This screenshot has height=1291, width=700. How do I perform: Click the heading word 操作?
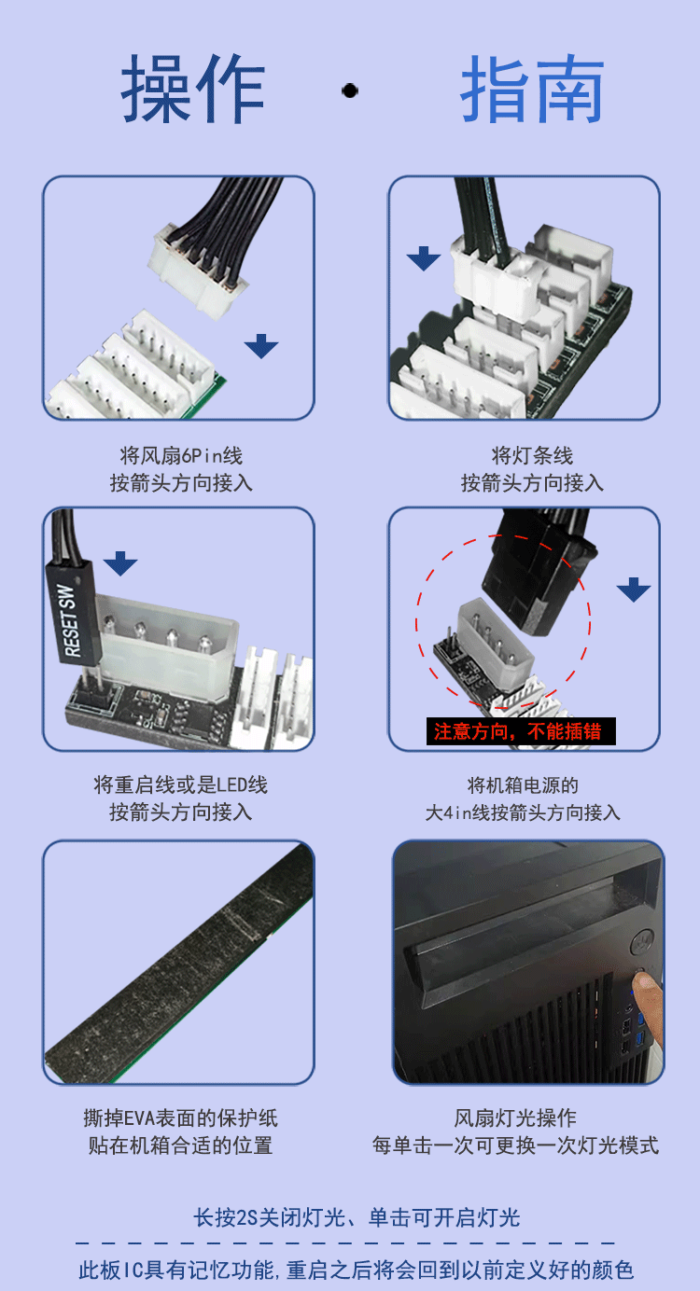tap(193, 90)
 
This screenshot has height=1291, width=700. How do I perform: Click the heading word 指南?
tap(532, 90)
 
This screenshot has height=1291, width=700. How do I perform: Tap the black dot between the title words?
tap(350, 90)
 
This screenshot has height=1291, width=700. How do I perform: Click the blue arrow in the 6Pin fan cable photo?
tap(261, 347)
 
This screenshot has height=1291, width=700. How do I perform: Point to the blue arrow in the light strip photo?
tap(424, 258)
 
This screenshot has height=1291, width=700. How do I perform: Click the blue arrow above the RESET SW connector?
tap(120, 563)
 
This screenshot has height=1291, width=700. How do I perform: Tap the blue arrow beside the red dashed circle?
tap(634, 590)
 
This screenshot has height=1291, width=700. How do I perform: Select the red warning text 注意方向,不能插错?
tap(521, 731)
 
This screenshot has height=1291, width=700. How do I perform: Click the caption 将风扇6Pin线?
tap(181, 456)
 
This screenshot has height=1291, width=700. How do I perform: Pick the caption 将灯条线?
tap(532, 456)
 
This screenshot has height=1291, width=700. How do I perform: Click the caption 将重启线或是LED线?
tap(181, 785)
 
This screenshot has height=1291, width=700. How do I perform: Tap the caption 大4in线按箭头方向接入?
tap(523, 812)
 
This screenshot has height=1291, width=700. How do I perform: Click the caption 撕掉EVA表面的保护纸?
tap(181, 1117)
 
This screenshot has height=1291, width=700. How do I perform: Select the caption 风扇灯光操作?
tap(515, 1117)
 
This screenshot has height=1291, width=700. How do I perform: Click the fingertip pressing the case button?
tap(645, 983)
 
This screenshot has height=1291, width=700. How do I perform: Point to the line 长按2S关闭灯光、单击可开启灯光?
tap(356, 1217)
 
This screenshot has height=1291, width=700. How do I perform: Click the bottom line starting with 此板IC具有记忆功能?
tap(356, 1270)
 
